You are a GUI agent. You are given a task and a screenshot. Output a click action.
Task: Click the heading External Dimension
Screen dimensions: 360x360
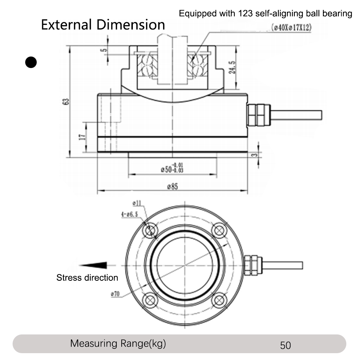[x=103, y=25]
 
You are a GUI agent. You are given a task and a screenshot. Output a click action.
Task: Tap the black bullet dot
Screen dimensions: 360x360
[x=31, y=63]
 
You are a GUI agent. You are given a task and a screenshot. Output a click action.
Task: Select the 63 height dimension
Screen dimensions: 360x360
[x=66, y=102]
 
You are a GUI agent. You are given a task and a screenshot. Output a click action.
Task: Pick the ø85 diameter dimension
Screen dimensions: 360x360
[x=172, y=186]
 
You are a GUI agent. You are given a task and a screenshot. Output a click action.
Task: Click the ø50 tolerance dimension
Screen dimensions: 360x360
[x=172, y=168]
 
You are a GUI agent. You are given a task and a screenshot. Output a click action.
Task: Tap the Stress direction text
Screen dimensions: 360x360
[x=87, y=278]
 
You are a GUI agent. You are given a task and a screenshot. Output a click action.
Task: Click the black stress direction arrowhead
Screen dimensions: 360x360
[x=93, y=265]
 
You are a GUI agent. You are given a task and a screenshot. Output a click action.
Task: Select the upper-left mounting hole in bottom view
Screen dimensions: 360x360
[x=150, y=230]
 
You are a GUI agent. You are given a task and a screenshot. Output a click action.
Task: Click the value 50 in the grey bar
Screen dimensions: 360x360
[x=285, y=345]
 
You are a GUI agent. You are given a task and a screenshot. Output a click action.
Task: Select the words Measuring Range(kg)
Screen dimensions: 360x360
[x=118, y=343]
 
